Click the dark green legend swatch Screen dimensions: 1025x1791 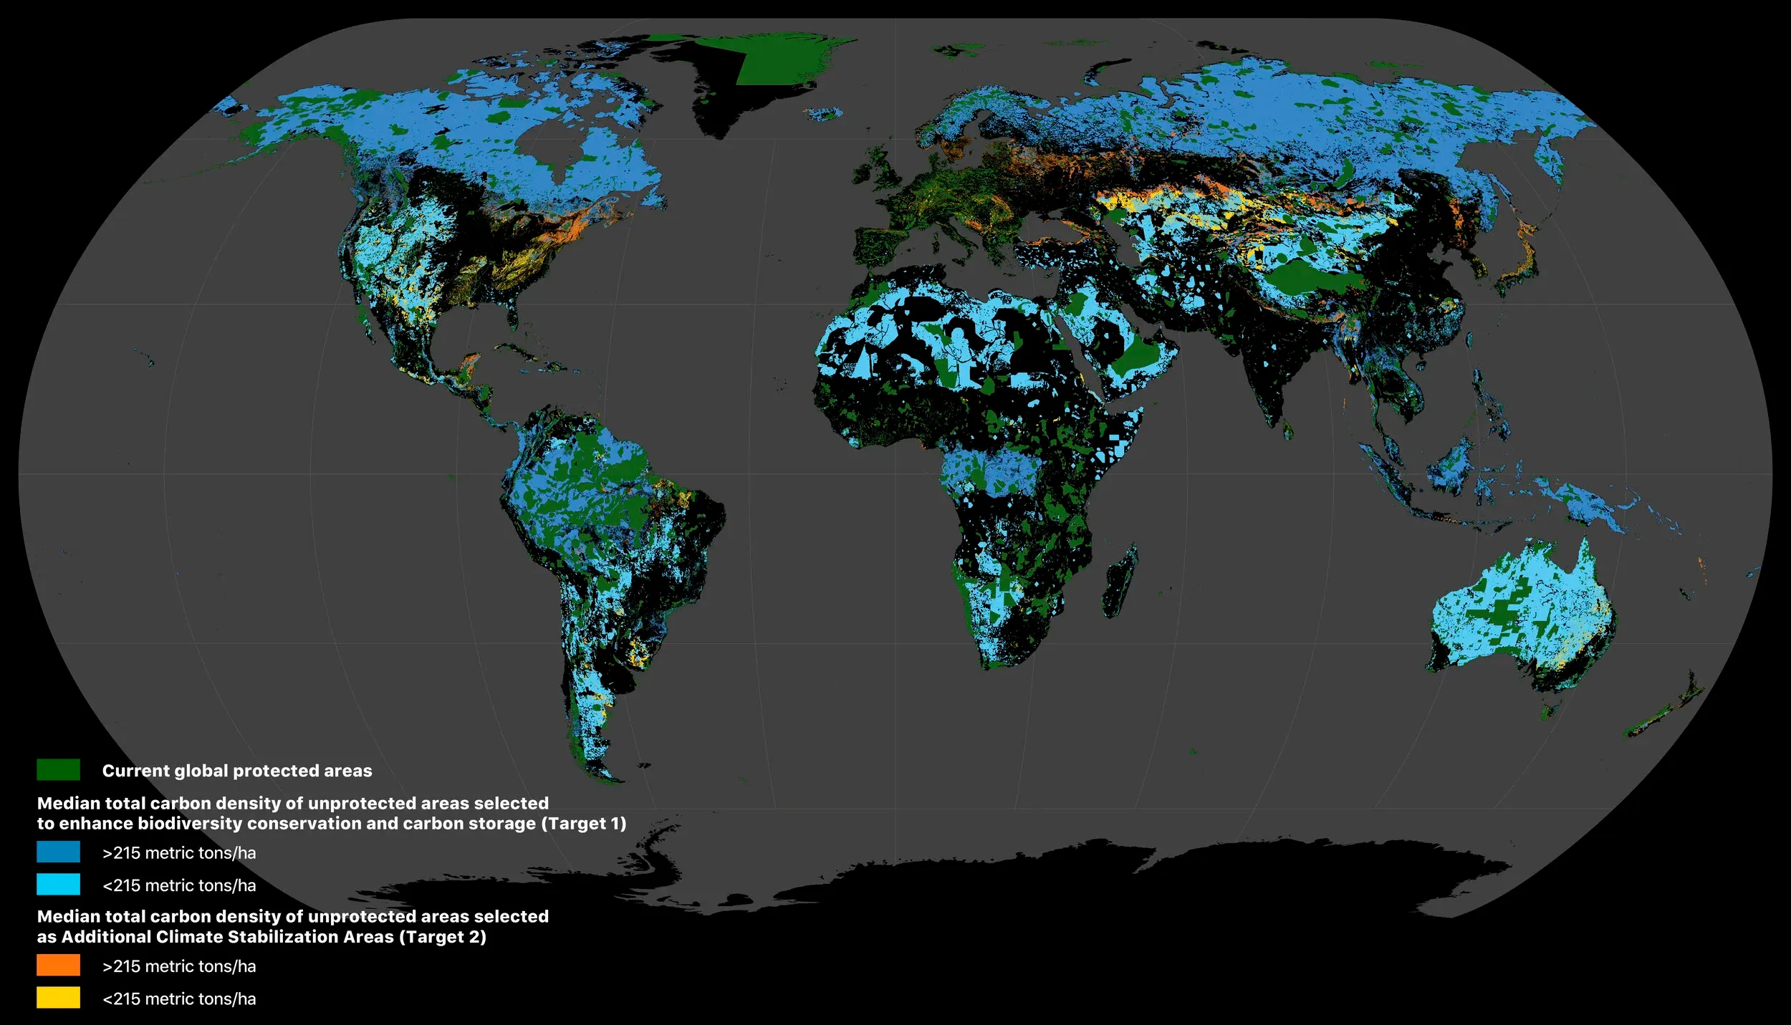pos(58,770)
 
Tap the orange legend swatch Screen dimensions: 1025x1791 pos(58,965)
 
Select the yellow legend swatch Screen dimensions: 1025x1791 pos(58,997)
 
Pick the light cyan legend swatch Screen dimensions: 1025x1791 pos(58,884)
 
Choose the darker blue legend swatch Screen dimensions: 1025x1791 pos(58,852)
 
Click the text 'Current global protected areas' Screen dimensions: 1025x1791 pos(236,771)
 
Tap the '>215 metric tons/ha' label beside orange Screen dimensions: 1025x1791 pos(179,966)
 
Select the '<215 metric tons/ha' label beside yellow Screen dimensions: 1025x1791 pos(179,998)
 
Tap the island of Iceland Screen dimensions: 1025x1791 pos(824,113)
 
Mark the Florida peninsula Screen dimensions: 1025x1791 pos(511,311)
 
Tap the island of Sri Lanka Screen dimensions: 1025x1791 pos(1287,430)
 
